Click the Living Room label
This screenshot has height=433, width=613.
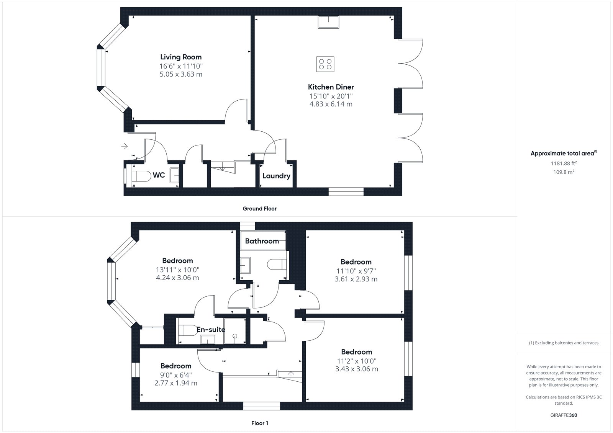(181, 57)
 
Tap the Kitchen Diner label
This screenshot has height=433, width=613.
(331, 87)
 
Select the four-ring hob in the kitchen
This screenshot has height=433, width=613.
(325, 64)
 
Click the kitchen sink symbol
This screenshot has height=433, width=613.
(328, 22)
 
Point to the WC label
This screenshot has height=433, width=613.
(159, 175)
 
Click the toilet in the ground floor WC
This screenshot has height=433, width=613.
(141, 176)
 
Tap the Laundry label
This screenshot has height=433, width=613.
(276, 176)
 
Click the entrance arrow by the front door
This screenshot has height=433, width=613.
(125, 146)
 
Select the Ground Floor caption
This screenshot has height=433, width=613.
(259, 208)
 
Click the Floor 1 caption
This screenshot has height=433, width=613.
(260, 423)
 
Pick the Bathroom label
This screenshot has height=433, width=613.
(262, 241)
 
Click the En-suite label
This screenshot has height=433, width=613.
(211, 330)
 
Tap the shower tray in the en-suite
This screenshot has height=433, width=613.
(234, 331)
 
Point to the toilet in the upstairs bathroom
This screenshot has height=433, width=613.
(277, 265)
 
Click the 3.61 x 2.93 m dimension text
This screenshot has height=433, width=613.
(356, 279)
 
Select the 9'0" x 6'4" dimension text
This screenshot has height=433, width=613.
(176, 375)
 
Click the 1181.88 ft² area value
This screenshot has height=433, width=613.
(564, 163)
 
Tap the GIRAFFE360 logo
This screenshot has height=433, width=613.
(564, 415)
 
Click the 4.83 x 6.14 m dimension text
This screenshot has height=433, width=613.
(331, 104)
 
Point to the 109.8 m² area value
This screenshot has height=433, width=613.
(564, 172)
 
